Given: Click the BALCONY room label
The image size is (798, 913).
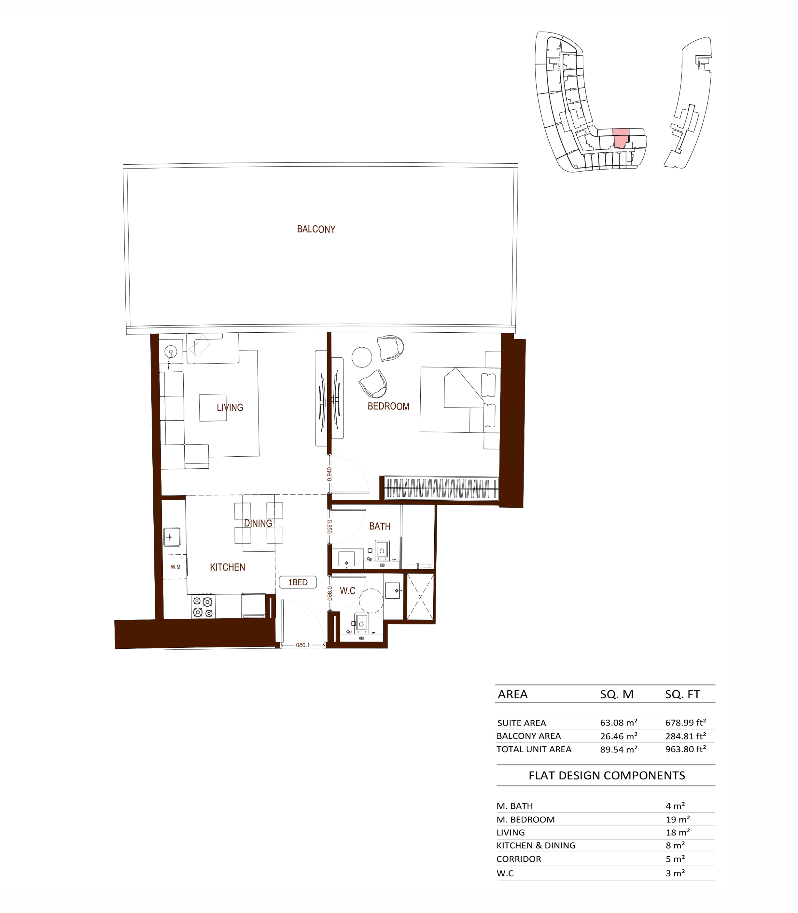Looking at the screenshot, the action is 316,229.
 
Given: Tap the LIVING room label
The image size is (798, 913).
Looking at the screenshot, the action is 230,407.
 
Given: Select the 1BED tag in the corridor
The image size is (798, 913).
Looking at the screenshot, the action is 298,582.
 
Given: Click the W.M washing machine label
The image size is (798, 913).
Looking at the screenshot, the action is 175,567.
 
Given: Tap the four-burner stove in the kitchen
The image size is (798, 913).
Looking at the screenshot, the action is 203,607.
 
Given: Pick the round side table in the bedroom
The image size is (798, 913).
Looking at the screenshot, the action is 362,357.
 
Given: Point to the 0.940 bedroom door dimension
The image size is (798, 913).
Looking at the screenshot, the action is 329,474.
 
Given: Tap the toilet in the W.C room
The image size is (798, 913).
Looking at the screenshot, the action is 361,622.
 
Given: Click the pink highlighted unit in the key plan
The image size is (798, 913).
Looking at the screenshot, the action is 621,138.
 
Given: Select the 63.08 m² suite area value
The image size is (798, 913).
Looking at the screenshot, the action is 619,723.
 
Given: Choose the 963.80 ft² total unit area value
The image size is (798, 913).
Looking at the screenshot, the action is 685,749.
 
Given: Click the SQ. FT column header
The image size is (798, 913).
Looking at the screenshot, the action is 682,694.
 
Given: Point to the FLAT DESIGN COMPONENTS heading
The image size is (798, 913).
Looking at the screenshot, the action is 607,775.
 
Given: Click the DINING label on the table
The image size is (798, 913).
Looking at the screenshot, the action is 258,523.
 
